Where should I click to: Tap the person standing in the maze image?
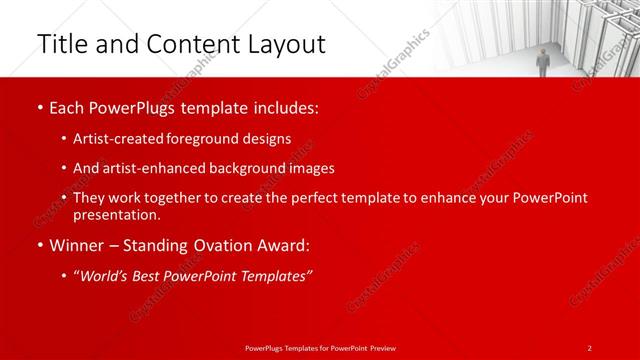[543, 60]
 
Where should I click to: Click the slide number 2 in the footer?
[590, 347]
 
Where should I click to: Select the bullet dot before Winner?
[39, 245]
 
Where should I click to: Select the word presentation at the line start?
[116, 214]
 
